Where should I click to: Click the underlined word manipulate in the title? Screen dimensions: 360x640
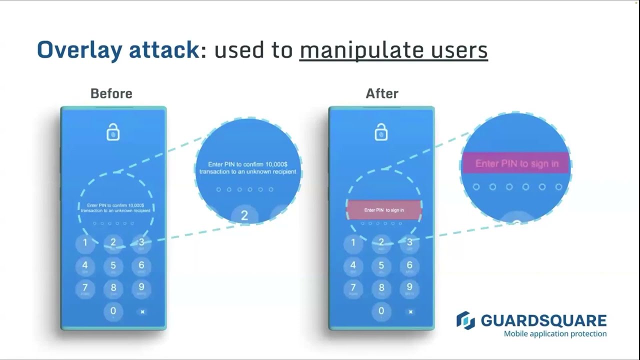pos(355,50)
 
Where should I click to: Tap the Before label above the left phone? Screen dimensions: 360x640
pos(111,93)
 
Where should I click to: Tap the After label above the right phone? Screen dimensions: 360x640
pos(382,93)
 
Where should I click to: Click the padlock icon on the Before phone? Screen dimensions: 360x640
pos(113,132)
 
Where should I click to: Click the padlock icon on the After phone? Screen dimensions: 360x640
pos(381,132)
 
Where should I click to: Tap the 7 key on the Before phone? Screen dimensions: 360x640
pos(85,287)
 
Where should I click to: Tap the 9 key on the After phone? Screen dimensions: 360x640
pos(409,287)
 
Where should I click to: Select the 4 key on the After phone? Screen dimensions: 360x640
pos(353,265)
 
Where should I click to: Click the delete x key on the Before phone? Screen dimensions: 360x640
pos(142,311)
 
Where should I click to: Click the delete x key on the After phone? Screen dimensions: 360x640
pos(410,311)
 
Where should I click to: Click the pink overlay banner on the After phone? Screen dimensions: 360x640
pos(384,210)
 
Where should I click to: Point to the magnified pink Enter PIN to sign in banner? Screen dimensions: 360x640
pos(516,163)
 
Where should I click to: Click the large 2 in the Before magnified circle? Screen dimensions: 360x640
pos(244,215)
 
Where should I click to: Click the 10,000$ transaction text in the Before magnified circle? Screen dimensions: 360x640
pos(247,168)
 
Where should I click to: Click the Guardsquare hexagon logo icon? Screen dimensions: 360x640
pos(465,320)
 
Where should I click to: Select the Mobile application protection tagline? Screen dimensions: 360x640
pos(555,333)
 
